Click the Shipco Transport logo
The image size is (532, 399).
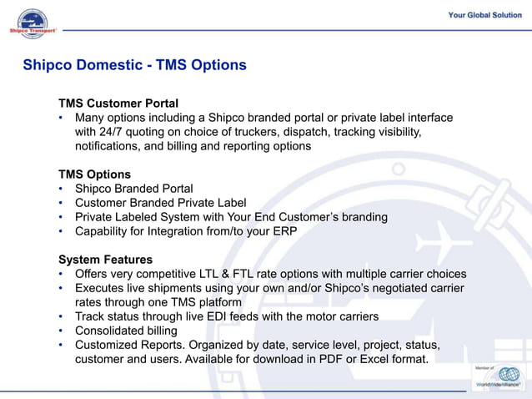[33, 24]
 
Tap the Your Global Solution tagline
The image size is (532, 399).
[484, 15]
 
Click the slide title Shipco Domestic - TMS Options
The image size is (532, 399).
[134, 65]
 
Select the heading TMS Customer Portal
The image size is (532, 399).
[118, 104]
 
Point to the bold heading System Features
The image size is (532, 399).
[105, 260]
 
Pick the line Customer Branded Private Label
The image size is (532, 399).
[160, 203]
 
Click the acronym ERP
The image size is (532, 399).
[284, 231]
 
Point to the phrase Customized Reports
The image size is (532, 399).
[125, 345]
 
